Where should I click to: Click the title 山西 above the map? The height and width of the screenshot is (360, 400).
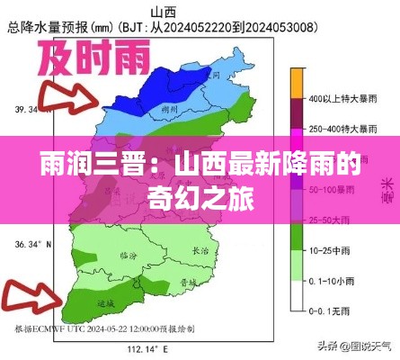[x=164, y=12]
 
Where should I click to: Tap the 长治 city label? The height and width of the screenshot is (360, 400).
[x=201, y=250]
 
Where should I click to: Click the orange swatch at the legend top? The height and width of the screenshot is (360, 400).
[x=297, y=82]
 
